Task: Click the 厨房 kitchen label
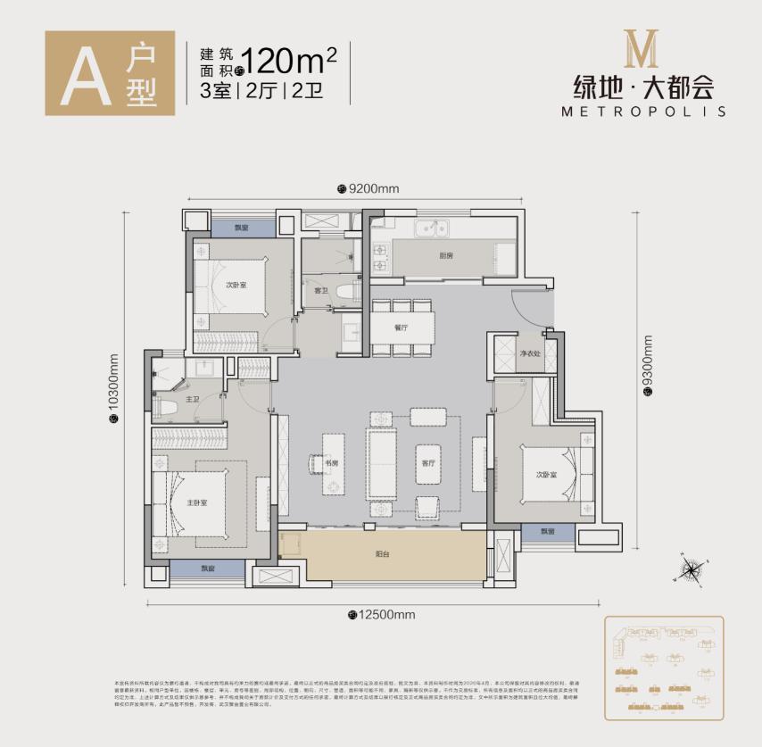[446, 255]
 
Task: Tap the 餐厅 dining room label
[401, 328]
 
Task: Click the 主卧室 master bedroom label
[197, 502]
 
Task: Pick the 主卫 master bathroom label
[192, 399]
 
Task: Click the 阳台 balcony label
[383, 552]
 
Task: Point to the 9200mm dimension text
[372, 188]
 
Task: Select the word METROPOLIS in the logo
[643, 112]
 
